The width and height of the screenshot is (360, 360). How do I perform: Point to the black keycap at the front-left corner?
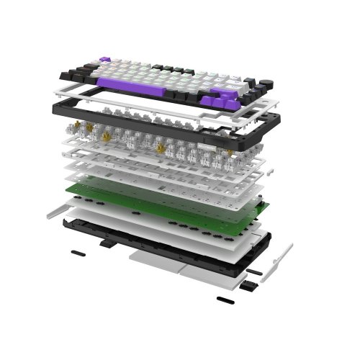pos(66,73)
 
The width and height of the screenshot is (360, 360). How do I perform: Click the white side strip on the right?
pos(281,263)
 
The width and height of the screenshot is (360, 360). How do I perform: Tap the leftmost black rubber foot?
pos(77,253)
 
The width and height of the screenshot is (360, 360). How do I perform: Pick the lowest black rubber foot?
pos(225,297)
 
